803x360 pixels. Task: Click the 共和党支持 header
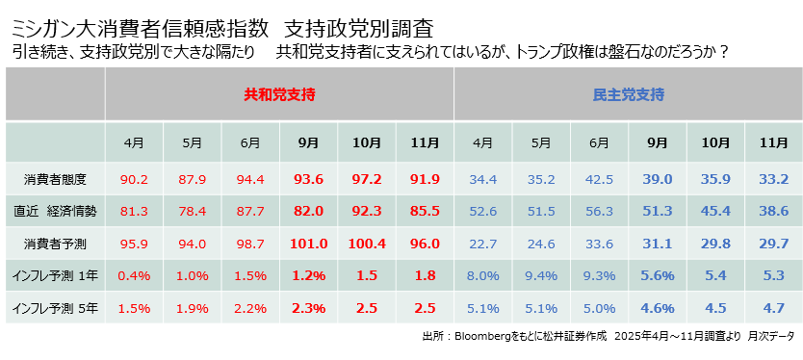pyautogui.click(x=279, y=94)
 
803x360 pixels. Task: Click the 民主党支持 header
pyautogui.click(x=628, y=94)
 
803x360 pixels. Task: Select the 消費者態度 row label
pyautogui.click(x=55, y=179)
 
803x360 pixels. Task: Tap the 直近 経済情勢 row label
pyautogui.click(x=55, y=212)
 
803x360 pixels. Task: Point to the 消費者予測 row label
pyautogui.click(x=55, y=244)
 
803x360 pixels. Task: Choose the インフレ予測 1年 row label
pyautogui.click(x=55, y=276)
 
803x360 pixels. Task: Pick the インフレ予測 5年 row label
pyautogui.click(x=55, y=309)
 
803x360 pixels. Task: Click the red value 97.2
pyautogui.click(x=367, y=179)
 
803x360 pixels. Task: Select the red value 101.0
pyautogui.click(x=308, y=244)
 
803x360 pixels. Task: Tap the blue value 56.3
pyautogui.click(x=599, y=212)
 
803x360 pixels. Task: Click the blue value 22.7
pyautogui.click(x=482, y=244)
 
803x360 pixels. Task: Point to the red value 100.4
pyautogui.click(x=367, y=244)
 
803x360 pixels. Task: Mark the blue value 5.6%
pyautogui.click(x=657, y=276)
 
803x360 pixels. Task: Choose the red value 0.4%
pyautogui.click(x=134, y=276)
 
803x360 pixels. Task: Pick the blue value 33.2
pyautogui.click(x=773, y=179)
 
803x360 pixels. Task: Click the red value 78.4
pyautogui.click(x=193, y=212)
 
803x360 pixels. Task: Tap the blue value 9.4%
pyautogui.click(x=541, y=276)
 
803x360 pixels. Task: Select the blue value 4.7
pyautogui.click(x=773, y=309)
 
